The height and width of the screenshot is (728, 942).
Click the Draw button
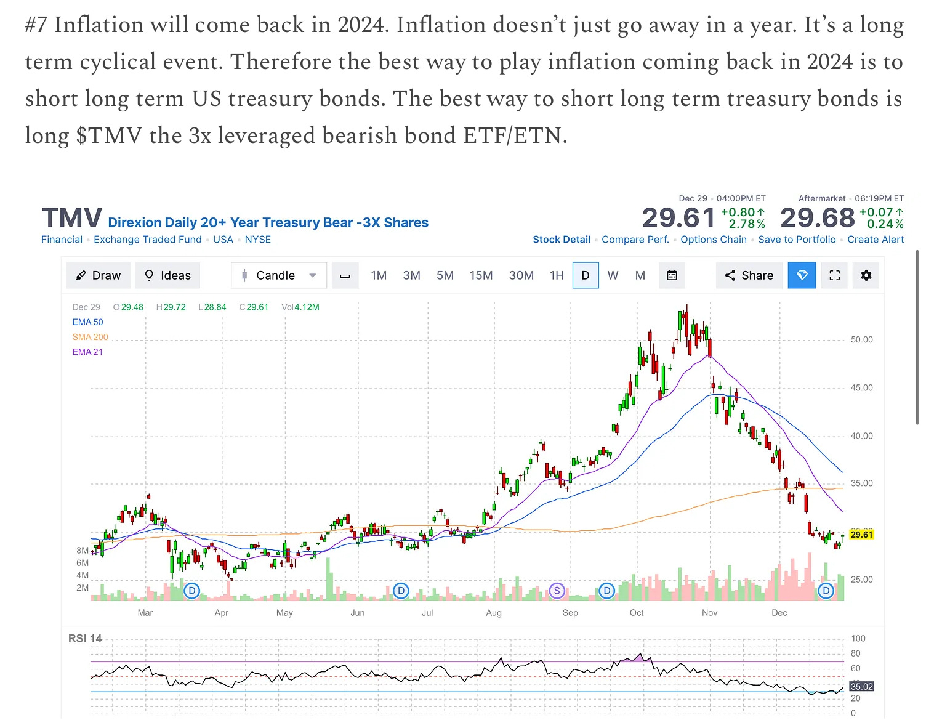point(98,275)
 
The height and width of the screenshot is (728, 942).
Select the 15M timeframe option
point(481,275)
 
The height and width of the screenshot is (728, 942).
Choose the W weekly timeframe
point(613,275)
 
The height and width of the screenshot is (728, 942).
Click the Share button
point(749,275)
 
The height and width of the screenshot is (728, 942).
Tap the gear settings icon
point(866,275)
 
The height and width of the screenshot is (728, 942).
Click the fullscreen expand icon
point(834,275)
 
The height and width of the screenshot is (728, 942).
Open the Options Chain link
point(713,240)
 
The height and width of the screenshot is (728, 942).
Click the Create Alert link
point(876,240)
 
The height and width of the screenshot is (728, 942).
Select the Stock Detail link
point(561,240)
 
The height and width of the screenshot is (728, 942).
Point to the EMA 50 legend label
point(87,322)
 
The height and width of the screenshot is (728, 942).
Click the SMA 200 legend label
point(90,337)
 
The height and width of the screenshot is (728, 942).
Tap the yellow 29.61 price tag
point(861,534)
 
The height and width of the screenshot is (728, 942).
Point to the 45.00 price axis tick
point(861,388)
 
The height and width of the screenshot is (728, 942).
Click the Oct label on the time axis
point(637,613)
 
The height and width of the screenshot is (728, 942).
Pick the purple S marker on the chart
point(557,591)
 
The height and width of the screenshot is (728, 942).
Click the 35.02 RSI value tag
point(861,686)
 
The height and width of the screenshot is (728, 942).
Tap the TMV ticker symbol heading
point(72,219)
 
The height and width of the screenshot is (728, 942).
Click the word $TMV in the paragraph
point(109,135)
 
